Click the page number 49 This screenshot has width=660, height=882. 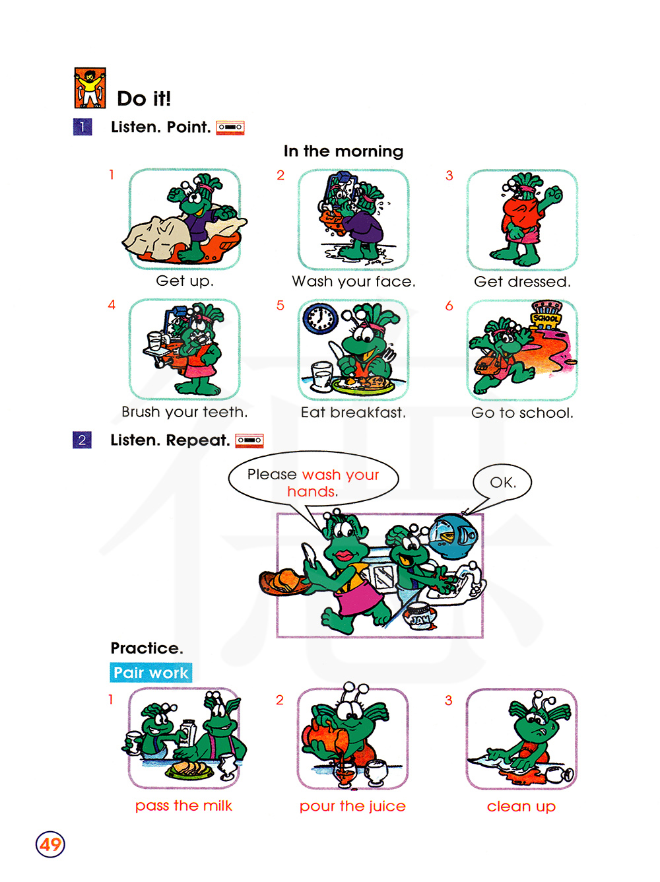[x=50, y=844]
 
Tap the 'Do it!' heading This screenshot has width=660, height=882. [x=144, y=98]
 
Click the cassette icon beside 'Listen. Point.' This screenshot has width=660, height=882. [x=230, y=127]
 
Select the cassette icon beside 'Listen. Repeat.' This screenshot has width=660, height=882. [x=249, y=440]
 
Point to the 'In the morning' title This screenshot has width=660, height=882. [x=343, y=151]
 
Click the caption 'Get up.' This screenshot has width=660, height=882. [x=184, y=281]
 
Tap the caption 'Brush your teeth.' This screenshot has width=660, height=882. [x=184, y=412]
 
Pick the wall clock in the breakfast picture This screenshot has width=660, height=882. [x=319, y=319]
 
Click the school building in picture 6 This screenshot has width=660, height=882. [x=546, y=315]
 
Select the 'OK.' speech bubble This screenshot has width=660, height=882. [x=502, y=482]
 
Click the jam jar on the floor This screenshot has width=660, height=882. [x=420, y=617]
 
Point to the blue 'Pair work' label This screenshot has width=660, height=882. [x=150, y=673]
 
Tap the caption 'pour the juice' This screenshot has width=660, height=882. [x=352, y=806]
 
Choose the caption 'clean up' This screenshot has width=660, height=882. [x=521, y=806]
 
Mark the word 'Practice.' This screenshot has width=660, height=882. [x=147, y=648]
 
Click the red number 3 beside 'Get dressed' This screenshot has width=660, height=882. [x=449, y=175]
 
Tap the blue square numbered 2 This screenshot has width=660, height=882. [x=82, y=440]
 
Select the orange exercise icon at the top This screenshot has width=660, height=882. [x=90, y=88]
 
